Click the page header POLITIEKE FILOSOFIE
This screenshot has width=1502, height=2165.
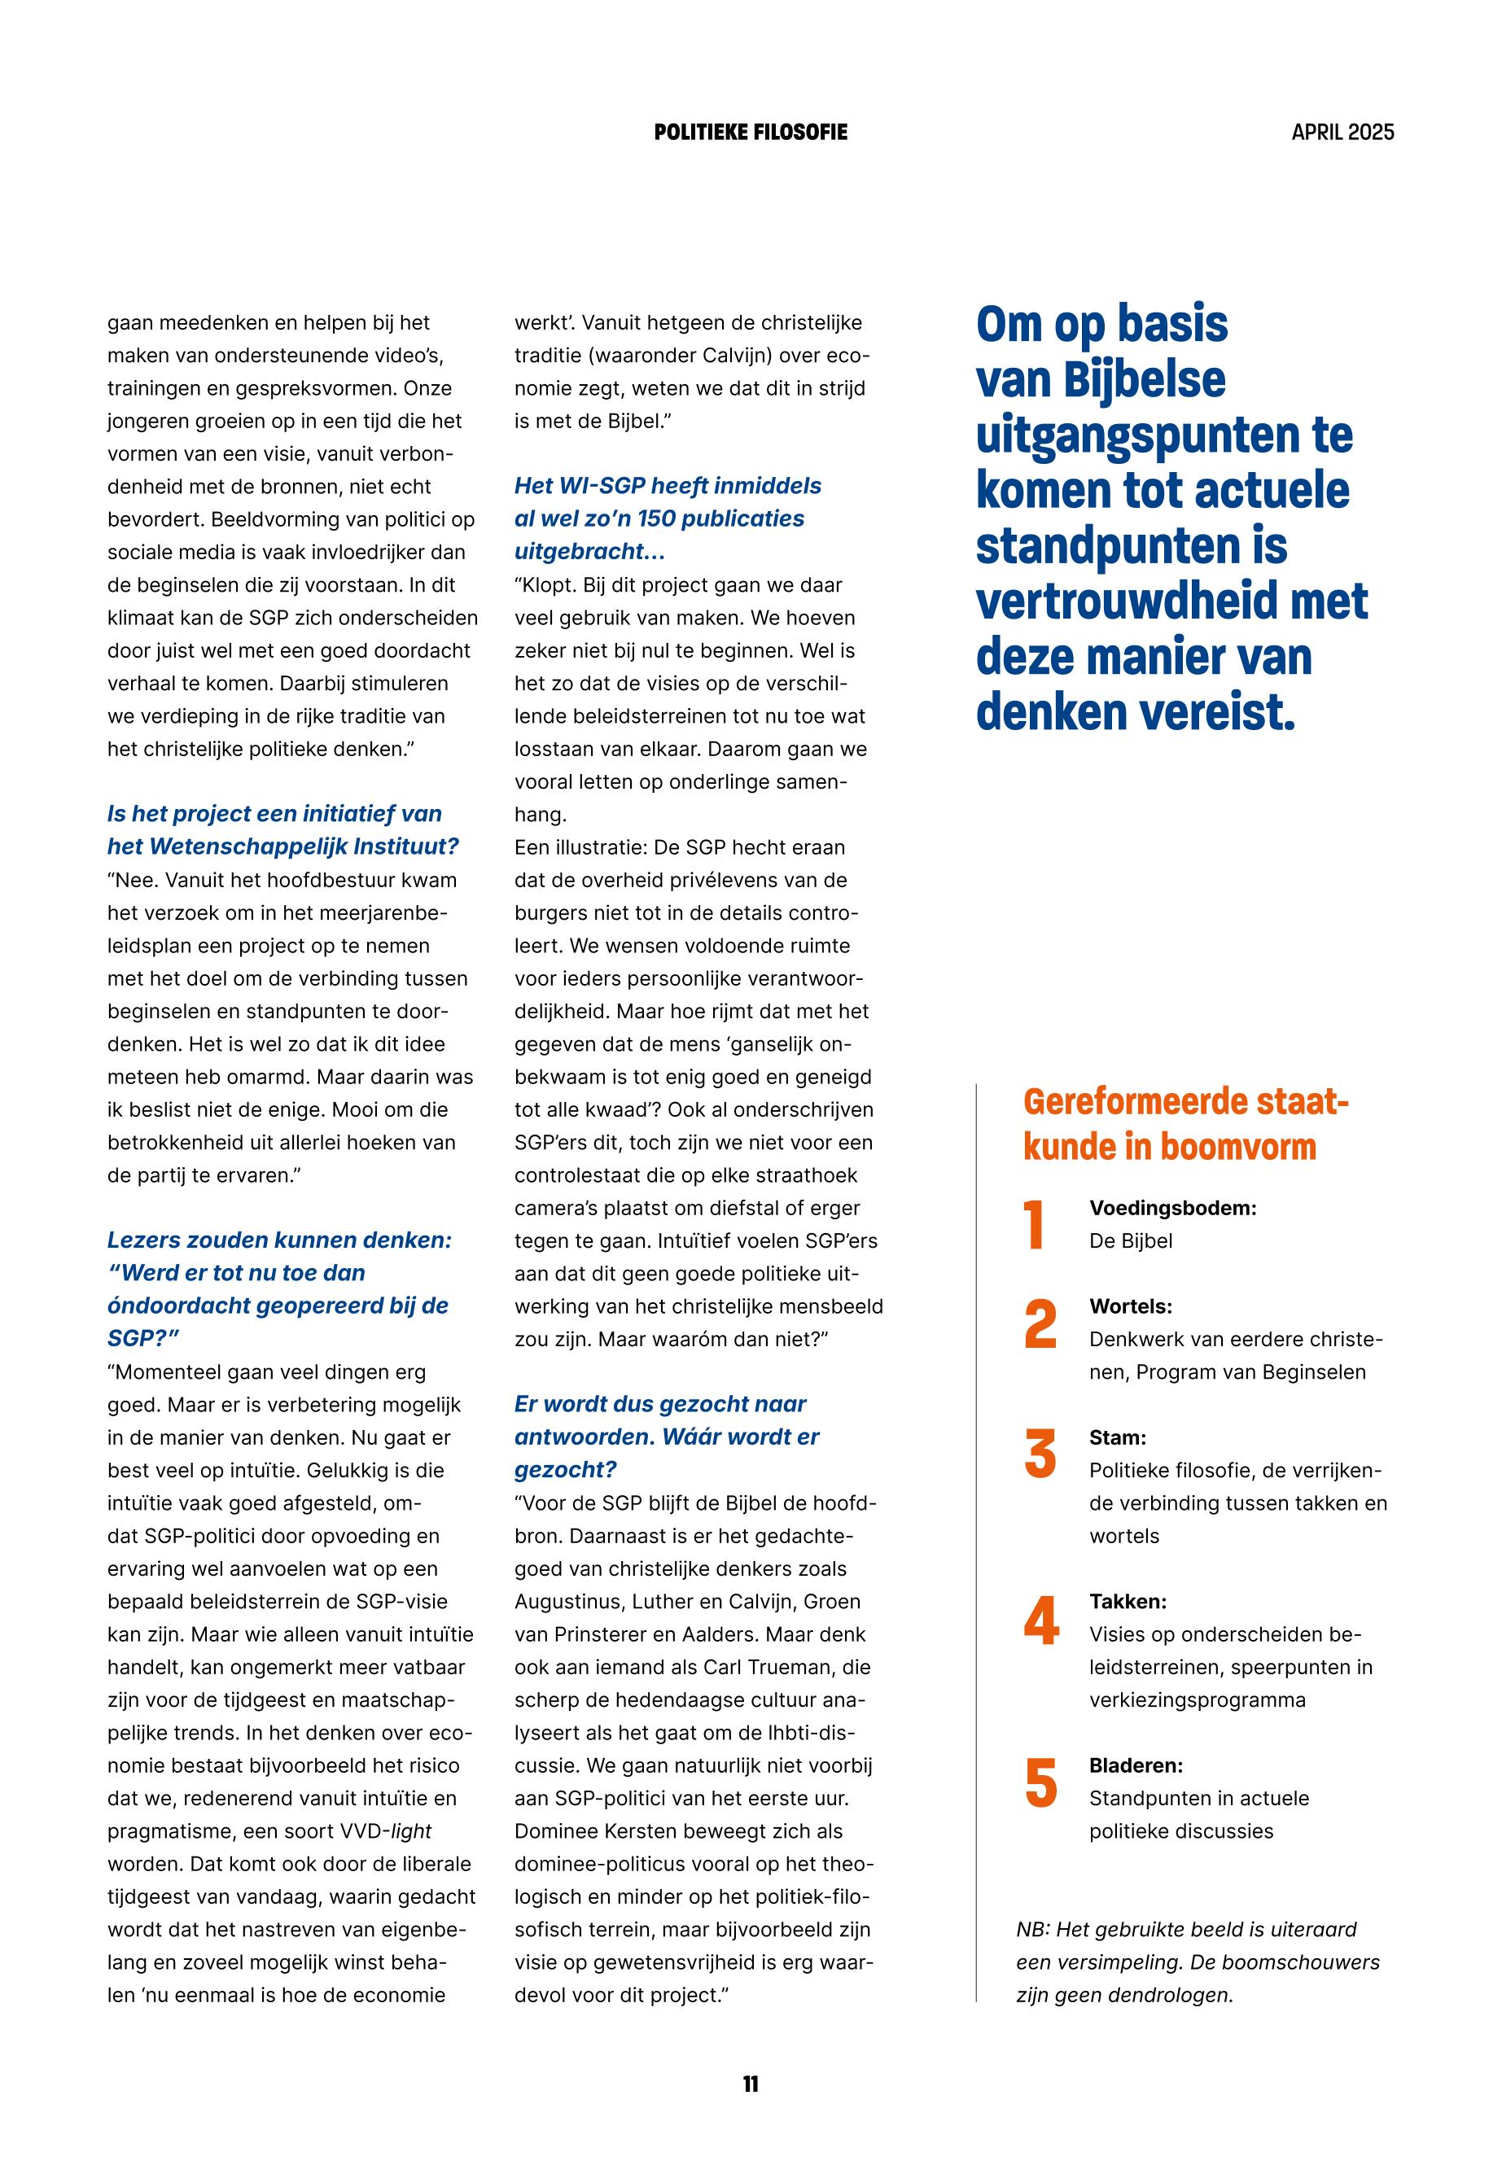[750, 133]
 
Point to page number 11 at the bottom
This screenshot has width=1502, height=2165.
[750, 2084]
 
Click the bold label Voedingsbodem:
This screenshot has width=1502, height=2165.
[1172, 1208]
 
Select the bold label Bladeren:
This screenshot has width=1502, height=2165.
[1136, 1765]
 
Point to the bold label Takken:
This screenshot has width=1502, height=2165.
[1128, 1602]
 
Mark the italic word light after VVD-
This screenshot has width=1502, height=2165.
[411, 1831]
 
